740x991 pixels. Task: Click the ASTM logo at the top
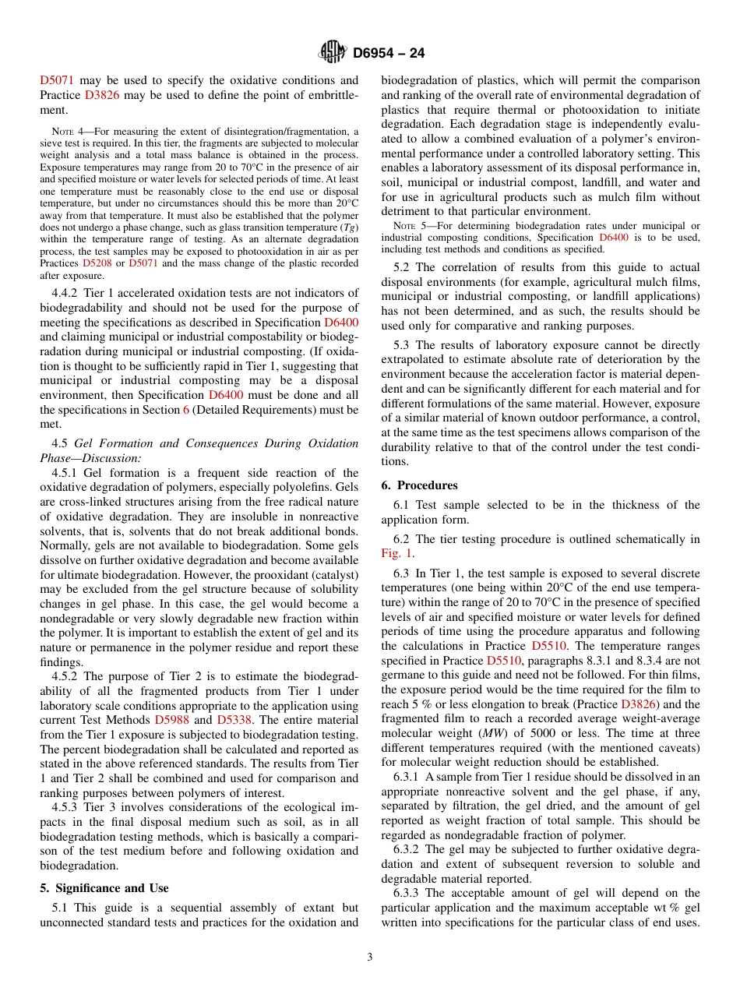(x=333, y=53)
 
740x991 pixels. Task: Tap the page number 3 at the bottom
(x=370, y=957)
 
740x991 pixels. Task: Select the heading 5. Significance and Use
(x=104, y=887)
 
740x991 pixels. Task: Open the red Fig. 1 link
(x=397, y=553)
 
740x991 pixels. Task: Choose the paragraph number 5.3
(x=403, y=344)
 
